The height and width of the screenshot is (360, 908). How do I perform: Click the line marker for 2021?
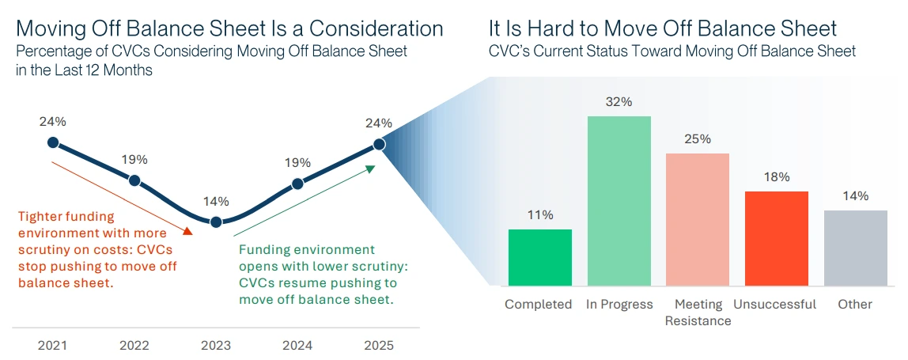[x=53, y=142]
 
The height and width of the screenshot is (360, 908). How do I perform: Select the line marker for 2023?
[x=216, y=222]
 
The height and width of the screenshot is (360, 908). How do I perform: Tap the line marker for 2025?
[x=379, y=144]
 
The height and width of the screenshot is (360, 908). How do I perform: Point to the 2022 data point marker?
[x=134, y=181]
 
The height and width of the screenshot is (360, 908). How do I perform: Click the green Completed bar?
[x=539, y=257]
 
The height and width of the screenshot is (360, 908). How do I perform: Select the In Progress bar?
[x=619, y=200]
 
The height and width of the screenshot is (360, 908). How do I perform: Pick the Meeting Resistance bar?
[x=698, y=219]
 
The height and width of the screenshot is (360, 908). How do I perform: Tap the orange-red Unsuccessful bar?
[x=777, y=238]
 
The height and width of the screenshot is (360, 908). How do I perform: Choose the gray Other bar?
[x=855, y=248]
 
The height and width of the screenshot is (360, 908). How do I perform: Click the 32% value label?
[x=619, y=102]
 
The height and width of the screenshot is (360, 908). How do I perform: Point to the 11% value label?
[x=539, y=215]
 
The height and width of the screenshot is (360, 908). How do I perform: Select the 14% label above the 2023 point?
[x=216, y=201]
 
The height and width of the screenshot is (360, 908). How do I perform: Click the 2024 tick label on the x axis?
[x=297, y=346]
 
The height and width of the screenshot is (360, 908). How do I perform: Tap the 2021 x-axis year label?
[x=53, y=346]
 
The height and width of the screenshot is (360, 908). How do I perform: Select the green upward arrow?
[x=304, y=201]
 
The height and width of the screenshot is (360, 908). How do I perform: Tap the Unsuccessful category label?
[x=774, y=305]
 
